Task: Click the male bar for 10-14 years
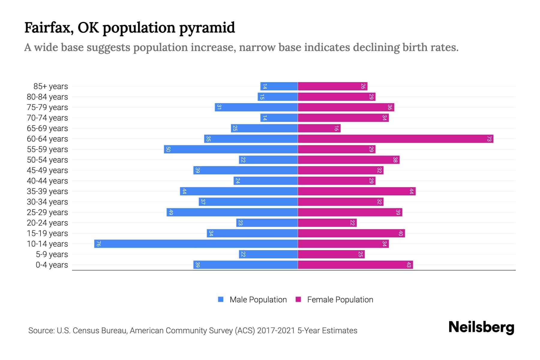pos(196,244)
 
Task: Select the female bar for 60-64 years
pos(395,139)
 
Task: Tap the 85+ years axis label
pos(51,86)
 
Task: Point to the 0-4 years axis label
pos(52,265)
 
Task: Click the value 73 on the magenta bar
pos(489,139)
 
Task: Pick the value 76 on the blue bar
pos(98,244)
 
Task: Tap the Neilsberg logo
pos(481,327)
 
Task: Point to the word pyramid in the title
pos(207,28)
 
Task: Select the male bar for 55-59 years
pos(231,149)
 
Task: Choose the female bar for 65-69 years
pos(319,128)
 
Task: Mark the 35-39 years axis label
pos(47,191)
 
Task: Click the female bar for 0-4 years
pos(355,265)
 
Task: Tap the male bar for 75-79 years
pos(256,107)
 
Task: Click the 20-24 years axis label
pos(47,223)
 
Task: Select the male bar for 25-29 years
pos(232,212)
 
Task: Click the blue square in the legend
pos(221,299)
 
